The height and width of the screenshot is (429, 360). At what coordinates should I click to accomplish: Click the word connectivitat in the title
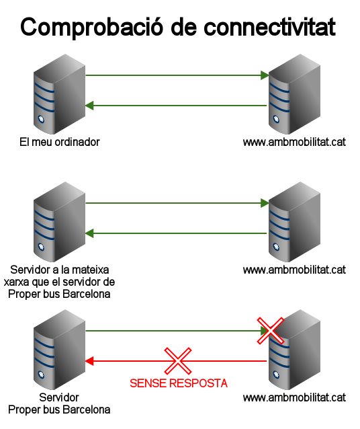(x=269, y=27)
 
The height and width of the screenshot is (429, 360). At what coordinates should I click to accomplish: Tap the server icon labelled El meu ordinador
(x=59, y=94)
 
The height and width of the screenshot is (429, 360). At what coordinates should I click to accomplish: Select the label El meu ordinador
(x=60, y=142)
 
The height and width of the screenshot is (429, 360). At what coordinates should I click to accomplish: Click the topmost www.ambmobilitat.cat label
(x=294, y=142)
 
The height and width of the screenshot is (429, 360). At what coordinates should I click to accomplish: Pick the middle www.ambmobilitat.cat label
(x=294, y=270)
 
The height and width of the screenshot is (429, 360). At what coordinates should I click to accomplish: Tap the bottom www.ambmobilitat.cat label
(x=294, y=397)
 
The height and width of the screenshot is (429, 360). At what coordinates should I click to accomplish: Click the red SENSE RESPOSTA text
(x=179, y=383)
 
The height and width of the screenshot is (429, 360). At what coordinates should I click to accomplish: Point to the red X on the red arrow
(x=178, y=361)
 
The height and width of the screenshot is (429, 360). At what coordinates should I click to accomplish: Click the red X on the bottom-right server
(x=271, y=331)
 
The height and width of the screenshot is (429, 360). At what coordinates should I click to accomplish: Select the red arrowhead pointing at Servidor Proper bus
(x=89, y=361)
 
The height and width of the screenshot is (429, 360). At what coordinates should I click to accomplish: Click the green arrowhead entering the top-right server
(x=265, y=75)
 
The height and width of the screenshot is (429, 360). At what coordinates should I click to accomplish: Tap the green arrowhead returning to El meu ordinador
(x=89, y=106)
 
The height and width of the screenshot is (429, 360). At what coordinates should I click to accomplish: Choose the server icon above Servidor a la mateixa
(x=59, y=222)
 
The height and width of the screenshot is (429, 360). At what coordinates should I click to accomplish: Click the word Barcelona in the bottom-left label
(x=87, y=410)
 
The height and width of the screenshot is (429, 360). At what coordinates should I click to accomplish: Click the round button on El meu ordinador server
(x=41, y=119)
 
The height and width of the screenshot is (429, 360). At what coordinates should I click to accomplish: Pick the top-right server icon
(x=294, y=94)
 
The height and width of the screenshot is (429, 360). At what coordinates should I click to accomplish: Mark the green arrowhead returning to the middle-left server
(x=89, y=233)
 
